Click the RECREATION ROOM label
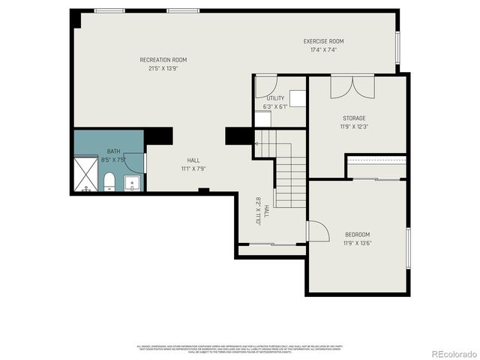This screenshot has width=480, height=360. [163, 60]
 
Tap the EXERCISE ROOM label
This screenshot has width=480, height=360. [323, 41]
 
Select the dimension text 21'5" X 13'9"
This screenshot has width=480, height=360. [163, 69]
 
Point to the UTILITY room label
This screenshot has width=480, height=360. [274, 98]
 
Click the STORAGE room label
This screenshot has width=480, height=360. [354, 118]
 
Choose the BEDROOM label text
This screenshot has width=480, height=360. [357, 235]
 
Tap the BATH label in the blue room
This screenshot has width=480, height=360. [113, 151]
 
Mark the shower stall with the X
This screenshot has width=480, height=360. [86, 175]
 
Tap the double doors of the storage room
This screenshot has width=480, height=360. [352, 86]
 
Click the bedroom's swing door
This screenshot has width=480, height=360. [316, 232]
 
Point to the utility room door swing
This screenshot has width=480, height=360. [265, 85]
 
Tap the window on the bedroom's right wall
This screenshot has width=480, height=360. [408, 247]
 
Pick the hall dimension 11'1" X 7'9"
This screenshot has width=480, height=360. [193, 169]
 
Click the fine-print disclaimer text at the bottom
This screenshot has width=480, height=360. [239, 349]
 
